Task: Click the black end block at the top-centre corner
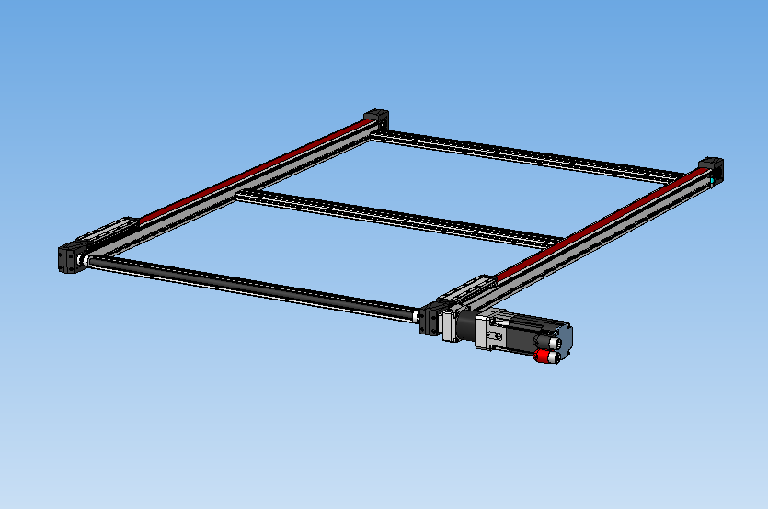pyautogui.click(x=377, y=120)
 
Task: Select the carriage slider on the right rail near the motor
pyautogui.click(x=468, y=288)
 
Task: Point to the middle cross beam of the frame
pyautogui.click(x=395, y=217)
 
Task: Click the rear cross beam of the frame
pyautogui.click(x=533, y=155)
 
